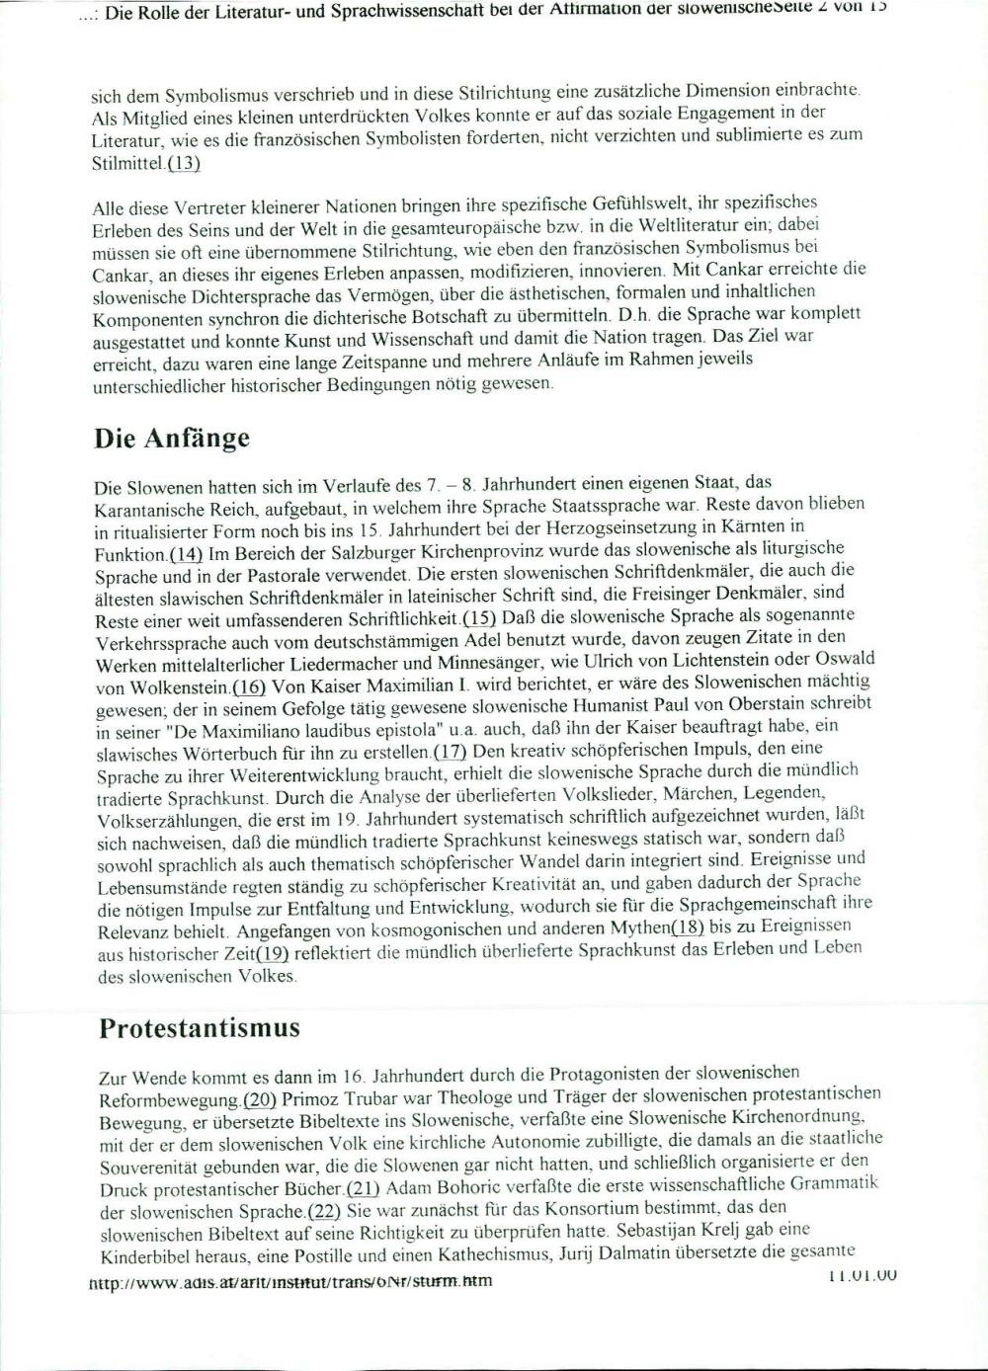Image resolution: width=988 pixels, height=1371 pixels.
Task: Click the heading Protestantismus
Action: [x=199, y=1027]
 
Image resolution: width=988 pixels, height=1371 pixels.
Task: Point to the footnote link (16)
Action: [x=248, y=686]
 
